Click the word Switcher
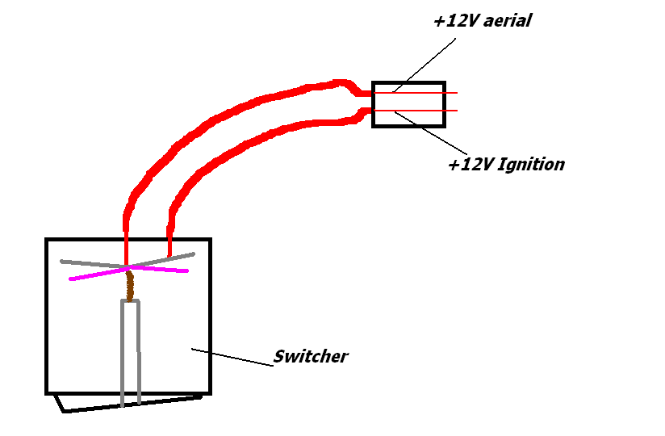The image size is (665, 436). [311, 356]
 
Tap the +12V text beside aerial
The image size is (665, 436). [454, 22]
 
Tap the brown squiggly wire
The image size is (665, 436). [129, 285]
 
